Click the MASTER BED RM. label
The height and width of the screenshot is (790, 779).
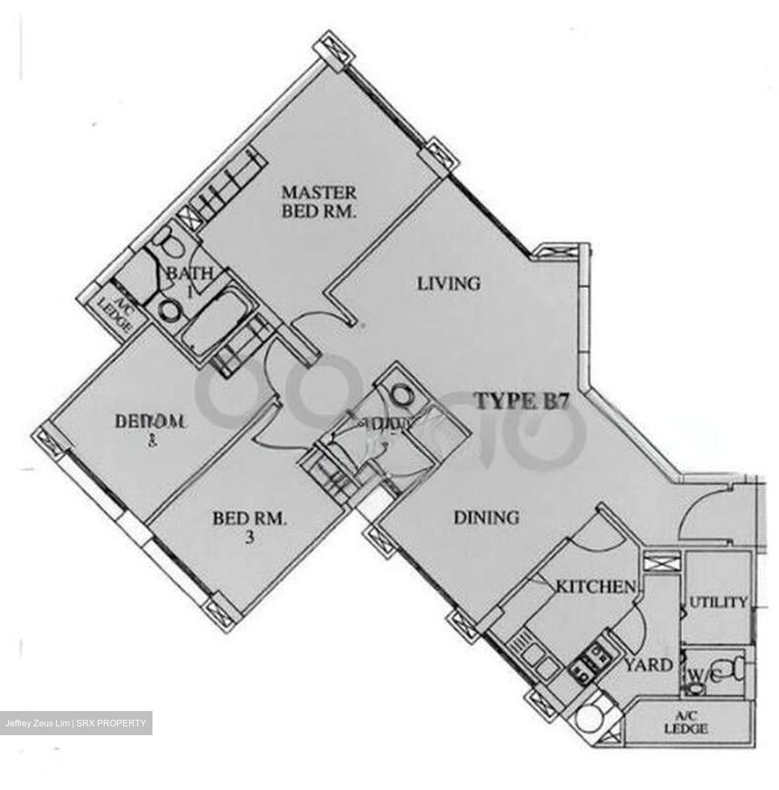pos(319,201)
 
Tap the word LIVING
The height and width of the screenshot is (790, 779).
pos(449,284)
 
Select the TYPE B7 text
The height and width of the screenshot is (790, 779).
pos(522,401)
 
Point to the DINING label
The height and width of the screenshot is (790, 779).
pos(486,517)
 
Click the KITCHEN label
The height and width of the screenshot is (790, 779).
pos(596,586)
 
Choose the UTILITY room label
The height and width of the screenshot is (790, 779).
pos(718,602)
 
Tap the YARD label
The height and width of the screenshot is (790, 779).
pos(649,665)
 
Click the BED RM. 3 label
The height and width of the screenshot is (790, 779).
pos(250,526)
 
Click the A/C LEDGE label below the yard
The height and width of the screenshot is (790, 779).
pos(686,724)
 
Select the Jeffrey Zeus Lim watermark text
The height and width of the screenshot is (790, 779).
pos(76,723)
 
